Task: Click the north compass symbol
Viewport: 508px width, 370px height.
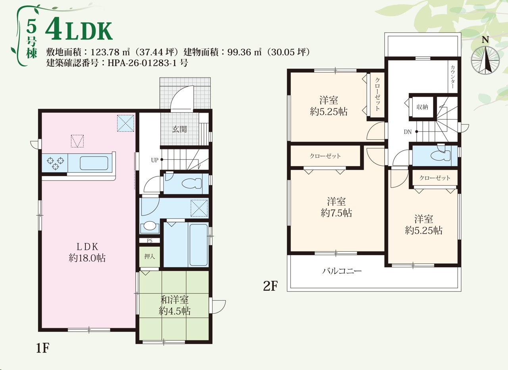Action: click(485, 58)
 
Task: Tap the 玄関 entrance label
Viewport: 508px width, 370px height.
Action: click(179, 129)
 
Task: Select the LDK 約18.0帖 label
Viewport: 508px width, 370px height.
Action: click(87, 252)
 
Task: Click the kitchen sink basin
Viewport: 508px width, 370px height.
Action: click(94, 163)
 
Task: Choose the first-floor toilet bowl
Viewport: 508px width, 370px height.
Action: click(192, 184)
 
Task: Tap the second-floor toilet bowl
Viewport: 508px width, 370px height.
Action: click(441, 155)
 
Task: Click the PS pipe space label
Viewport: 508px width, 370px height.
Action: click(150, 241)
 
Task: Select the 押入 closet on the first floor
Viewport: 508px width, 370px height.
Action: click(150, 257)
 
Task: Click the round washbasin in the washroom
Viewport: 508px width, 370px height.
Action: click(150, 226)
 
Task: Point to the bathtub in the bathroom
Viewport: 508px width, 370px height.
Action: click(198, 245)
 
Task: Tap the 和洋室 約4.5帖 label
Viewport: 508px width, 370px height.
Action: click(174, 305)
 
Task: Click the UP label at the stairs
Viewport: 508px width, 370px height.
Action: click(154, 160)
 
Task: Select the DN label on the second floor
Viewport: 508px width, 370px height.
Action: click(408, 132)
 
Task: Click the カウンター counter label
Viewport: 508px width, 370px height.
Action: click(453, 77)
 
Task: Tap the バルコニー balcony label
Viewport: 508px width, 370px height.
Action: click(342, 271)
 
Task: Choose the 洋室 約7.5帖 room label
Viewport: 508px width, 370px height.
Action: click(336, 207)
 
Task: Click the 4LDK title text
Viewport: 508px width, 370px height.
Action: click(79, 31)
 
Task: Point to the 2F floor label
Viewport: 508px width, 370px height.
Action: click(270, 286)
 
